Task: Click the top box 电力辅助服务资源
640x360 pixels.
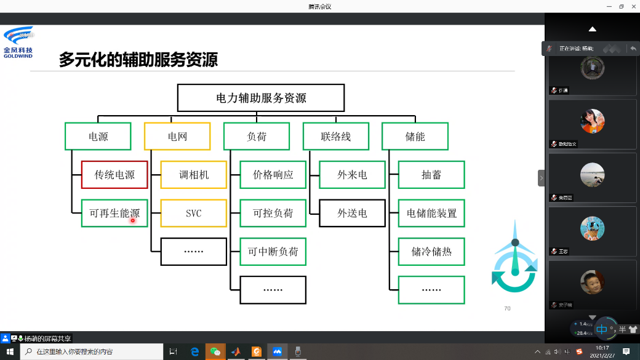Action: pyautogui.click(x=261, y=98)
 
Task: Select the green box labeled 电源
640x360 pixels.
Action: pyautogui.click(x=98, y=137)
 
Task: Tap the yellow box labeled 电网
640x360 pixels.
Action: pyautogui.click(x=177, y=137)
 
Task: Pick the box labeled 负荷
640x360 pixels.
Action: pyautogui.click(x=257, y=137)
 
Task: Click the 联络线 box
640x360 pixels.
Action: pyautogui.click(x=336, y=137)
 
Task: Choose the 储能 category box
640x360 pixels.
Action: pyautogui.click(x=415, y=137)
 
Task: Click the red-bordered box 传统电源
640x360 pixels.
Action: pyautogui.click(x=114, y=175)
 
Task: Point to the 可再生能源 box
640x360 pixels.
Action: pyautogui.click(x=114, y=214)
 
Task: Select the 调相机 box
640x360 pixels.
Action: pyautogui.click(x=194, y=175)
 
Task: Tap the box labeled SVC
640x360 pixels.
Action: pyautogui.click(x=194, y=214)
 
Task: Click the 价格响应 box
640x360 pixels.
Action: pyautogui.click(x=273, y=175)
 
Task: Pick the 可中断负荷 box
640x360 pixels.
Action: pyautogui.click(x=273, y=252)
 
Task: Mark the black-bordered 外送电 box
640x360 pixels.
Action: pyautogui.click(x=353, y=214)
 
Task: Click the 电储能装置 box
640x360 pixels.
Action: pyautogui.click(x=431, y=214)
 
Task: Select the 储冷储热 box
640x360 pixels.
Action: pyautogui.click(x=431, y=252)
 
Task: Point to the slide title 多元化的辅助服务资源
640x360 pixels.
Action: pyautogui.click(x=138, y=60)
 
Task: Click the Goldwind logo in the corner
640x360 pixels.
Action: pyautogui.click(x=18, y=42)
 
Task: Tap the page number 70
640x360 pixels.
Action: pyautogui.click(x=507, y=308)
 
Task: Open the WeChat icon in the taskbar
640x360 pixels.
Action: pyautogui.click(x=215, y=351)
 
